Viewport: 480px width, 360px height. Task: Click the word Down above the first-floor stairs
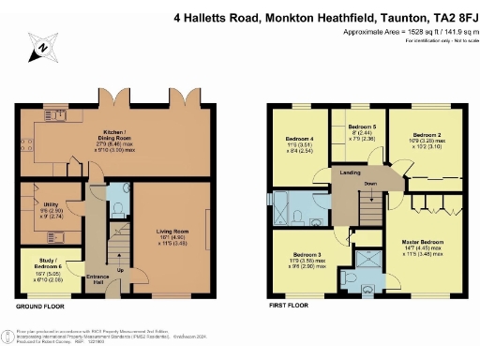371,185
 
